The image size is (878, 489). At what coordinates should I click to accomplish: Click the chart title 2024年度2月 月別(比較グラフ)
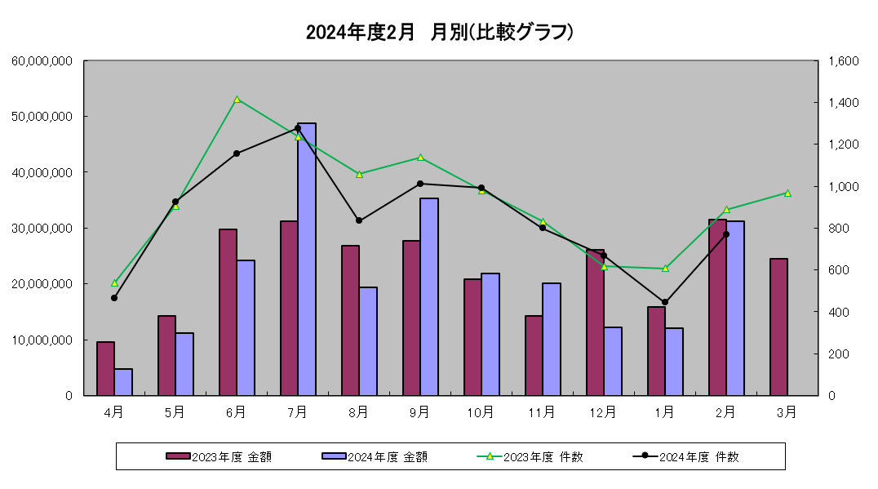tap(440, 32)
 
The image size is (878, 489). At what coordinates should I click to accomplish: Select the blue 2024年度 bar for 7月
tap(307, 259)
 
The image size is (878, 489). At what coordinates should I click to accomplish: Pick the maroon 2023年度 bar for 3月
tap(778, 327)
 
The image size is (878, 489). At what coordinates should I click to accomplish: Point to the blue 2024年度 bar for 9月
tap(429, 296)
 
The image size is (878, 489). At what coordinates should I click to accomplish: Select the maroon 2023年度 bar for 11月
tap(534, 355)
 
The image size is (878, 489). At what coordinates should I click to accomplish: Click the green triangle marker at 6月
tap(237, 100)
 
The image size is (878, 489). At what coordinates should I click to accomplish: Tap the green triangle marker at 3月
tap(787, 193)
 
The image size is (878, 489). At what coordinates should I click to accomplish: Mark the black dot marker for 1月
tap(665, 302)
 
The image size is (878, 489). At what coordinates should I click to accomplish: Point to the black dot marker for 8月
tap(359, 220)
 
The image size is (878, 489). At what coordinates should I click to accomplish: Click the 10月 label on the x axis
tap(481, 412)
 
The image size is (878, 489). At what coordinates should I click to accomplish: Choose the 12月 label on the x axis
tap(603, 412)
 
